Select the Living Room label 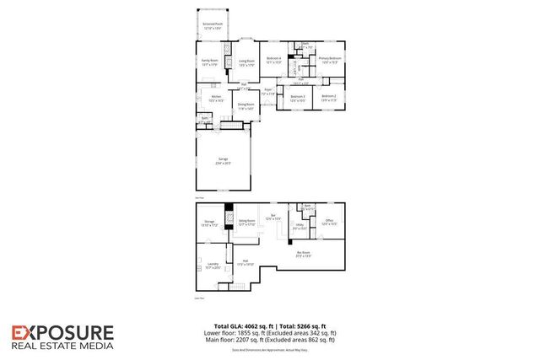point(246,62)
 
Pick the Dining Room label point(246,106)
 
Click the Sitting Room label point(246,221)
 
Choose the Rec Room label point(304,253)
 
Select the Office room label point(329,223)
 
